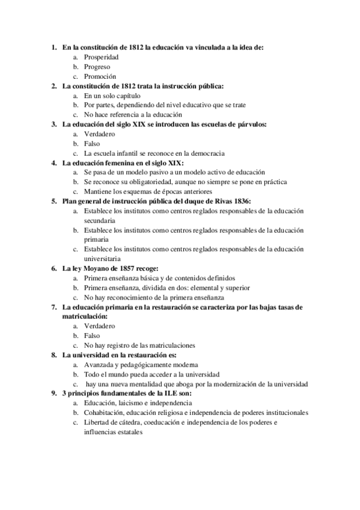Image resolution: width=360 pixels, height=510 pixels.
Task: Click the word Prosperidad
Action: [x=101, y=57]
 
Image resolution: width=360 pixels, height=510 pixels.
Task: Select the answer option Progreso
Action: [x=97, y=67]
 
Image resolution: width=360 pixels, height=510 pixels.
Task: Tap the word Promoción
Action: [x=100, y=76]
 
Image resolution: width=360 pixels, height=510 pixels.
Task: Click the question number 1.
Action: [x=53, y=48]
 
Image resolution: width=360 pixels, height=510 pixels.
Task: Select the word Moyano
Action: [x=94, y=268]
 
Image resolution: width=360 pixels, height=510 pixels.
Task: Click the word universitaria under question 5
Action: [x=103, y=259]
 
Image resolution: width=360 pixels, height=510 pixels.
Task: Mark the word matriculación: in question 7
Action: [x=85, y=316]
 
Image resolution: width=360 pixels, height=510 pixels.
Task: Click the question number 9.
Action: [x=53, y=393]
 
